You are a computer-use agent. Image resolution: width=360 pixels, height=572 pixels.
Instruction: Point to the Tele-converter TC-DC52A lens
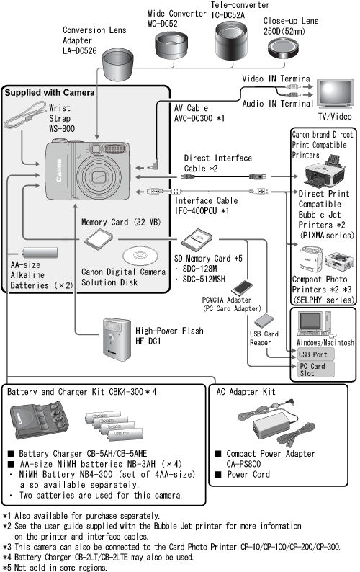(x=230, y=44)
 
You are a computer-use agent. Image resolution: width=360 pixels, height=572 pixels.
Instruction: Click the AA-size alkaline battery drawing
(x=40, y=252)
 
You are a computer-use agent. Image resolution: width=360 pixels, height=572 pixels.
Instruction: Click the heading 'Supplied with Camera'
(x=49, y=93)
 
